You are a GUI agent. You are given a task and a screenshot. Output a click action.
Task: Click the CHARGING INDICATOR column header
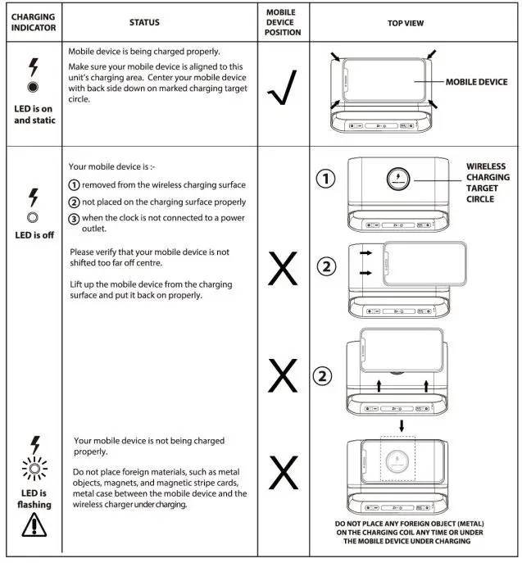point(32,22)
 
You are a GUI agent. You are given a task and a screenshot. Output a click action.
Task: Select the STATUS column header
point(144,22)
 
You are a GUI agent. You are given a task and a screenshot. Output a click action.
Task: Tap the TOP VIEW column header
point(405,23)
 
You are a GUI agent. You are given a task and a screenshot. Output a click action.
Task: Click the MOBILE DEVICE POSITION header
point(284,22)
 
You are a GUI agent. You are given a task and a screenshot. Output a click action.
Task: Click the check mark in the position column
point(282,89)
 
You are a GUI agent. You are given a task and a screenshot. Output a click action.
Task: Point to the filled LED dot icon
point(33,87)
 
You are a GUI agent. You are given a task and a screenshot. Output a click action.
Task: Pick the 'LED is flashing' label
point(33,498)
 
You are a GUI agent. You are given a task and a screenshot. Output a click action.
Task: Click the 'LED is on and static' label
point(33,113)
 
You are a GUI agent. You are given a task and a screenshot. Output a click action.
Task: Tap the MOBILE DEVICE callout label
point(476,82)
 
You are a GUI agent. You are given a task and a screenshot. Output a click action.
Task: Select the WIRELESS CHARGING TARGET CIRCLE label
point(488,182)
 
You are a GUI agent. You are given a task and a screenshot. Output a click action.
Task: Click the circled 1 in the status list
point(74,184)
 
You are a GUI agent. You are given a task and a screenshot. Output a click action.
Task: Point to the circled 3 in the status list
point(74,217)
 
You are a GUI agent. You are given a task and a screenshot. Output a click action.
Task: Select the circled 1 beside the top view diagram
point(325,179)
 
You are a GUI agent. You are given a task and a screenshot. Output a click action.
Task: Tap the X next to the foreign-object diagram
point(283,473)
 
